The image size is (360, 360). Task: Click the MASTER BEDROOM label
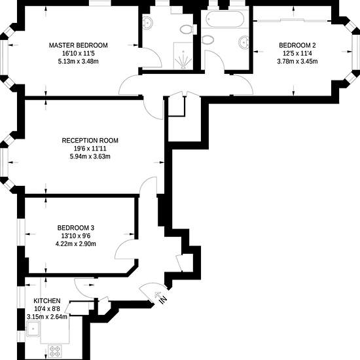pyautogui.click(x=79, y=45)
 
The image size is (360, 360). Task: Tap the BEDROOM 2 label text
pyautogui.click(x=297, y=45)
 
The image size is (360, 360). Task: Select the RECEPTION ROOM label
pyautogui.click(x=90, y=140)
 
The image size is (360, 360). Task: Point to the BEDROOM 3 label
pyautogui.click(x=76, y=228)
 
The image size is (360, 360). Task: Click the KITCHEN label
pyautogui.click(x=47, y=301)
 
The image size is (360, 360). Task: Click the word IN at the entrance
pyautogui.click(x=162, y=299)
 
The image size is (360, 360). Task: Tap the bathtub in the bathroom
pyautogui.click(x=225, y=19)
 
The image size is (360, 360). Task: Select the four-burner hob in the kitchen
pyautogui.click(x=55, y=351)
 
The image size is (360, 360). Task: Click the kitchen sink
pyautogui.click(x=33, y=329)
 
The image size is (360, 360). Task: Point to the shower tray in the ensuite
pyautogui.click(x=183, y=56)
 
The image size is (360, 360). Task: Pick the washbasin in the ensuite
pyautogui.click(x=147, y=23)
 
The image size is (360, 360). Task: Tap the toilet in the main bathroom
pyautogui.click(x=207, y=40)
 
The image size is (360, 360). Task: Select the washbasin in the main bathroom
pyautogui.click(x=243, y=43)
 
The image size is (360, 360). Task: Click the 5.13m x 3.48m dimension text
pyautogui.click(x=79, y=62)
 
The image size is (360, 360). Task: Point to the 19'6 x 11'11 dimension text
pyautogui.click(x=90, y=149)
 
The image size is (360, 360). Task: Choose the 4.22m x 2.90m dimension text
pyautogui.click(x=76, y=243)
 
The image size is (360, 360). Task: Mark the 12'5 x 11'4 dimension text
pyautogui.click(x=297, y=53)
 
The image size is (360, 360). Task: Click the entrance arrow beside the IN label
pyautogui.click(x=158, y=295)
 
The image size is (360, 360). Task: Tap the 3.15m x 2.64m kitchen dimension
pyautogui.click(x=47, y=317)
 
